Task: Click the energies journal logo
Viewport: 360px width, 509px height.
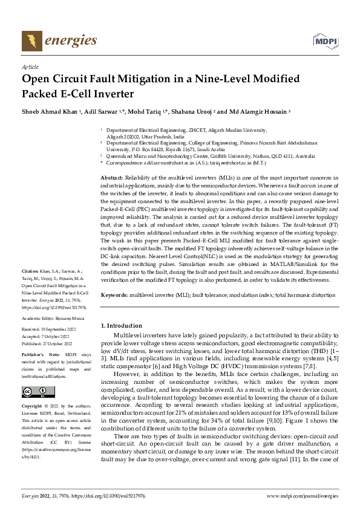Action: click(59, 41)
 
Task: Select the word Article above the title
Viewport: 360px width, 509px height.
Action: click(30, 68)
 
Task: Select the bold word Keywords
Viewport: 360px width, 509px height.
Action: click(114, 295)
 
